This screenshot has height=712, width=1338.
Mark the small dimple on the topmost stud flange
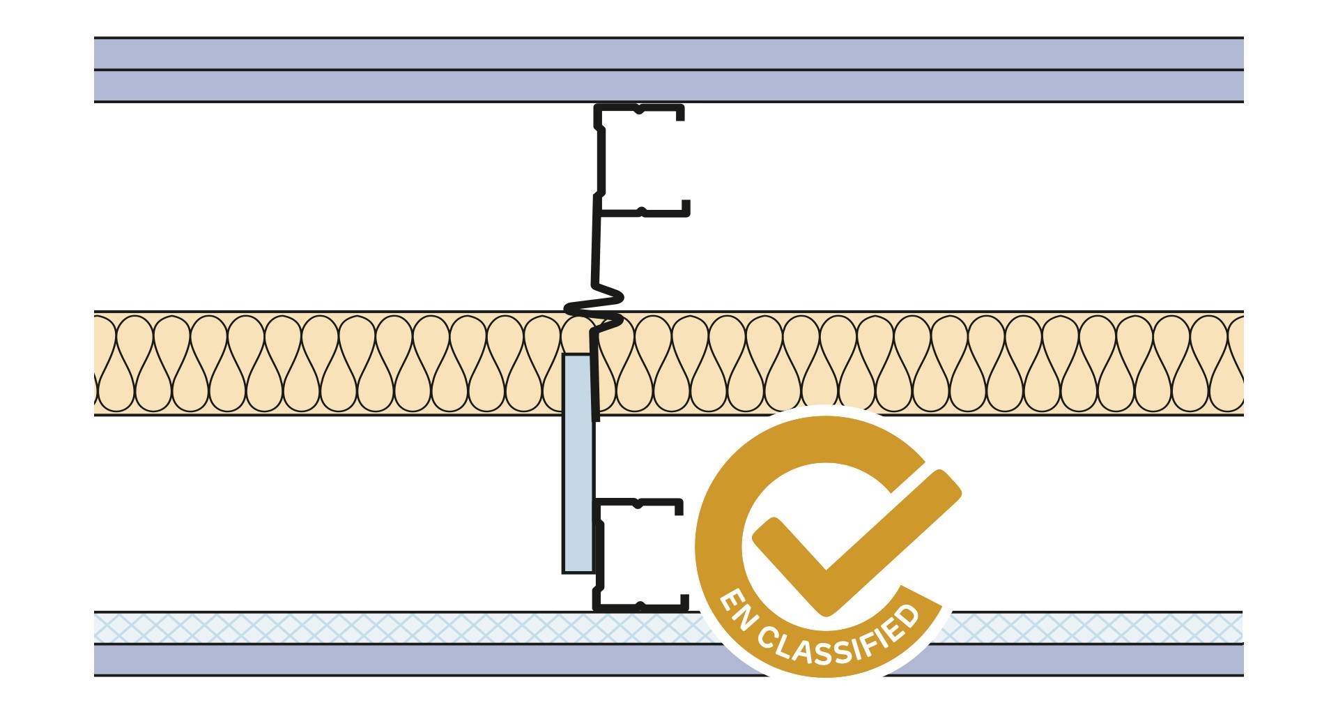(638, 109)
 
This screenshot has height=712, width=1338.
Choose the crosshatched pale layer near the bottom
(348, 628)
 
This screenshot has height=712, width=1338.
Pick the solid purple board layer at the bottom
(348, 660)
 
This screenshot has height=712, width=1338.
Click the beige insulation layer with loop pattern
(348, 363)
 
